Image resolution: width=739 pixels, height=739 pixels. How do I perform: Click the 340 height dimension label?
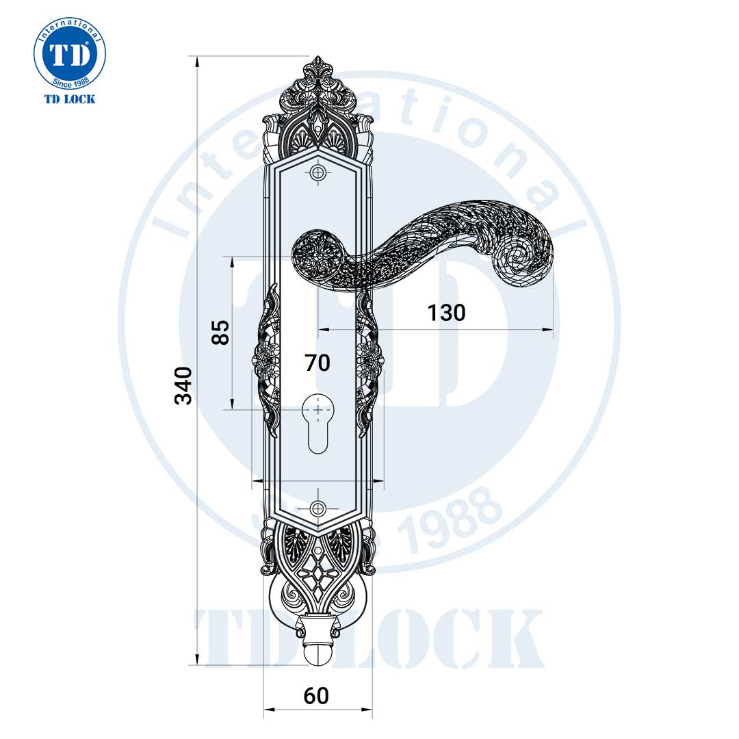(x=183, y=385)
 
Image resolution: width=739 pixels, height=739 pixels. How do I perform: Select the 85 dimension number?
(x=220, y=332)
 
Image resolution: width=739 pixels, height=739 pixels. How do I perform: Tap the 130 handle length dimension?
(x=446, y=313)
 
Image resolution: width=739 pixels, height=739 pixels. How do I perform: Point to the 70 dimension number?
(x=317, y=363)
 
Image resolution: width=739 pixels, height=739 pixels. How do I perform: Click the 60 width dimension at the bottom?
(x=316, y=696)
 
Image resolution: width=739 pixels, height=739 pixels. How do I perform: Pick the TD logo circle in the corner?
(x=70, y=55)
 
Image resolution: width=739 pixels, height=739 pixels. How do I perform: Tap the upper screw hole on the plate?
(x=317, y=173)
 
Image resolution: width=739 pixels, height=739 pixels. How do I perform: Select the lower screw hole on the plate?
(x=317, y=508)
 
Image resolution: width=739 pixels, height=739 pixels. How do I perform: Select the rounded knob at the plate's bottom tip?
(x=317, y=653)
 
